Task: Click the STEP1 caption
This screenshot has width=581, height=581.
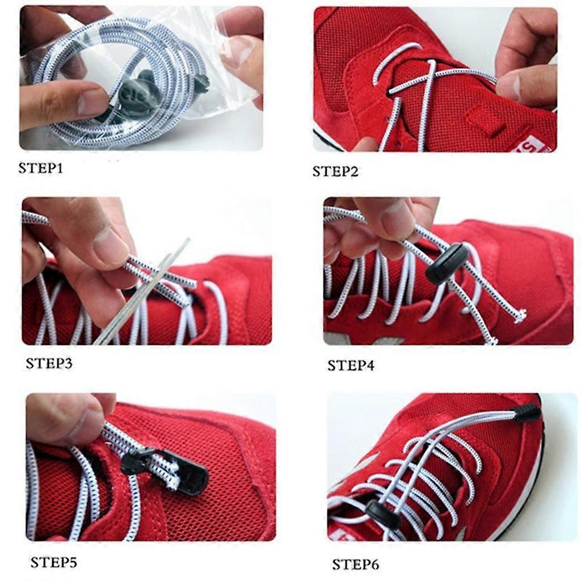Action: point(41,168)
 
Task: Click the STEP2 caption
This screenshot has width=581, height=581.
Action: point(335,171)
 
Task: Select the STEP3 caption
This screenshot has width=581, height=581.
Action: point(49,363)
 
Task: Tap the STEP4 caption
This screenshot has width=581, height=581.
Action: point(351,366)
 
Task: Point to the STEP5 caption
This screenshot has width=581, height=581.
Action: point(54,562)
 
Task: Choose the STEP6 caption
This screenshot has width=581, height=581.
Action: point(355,565)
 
